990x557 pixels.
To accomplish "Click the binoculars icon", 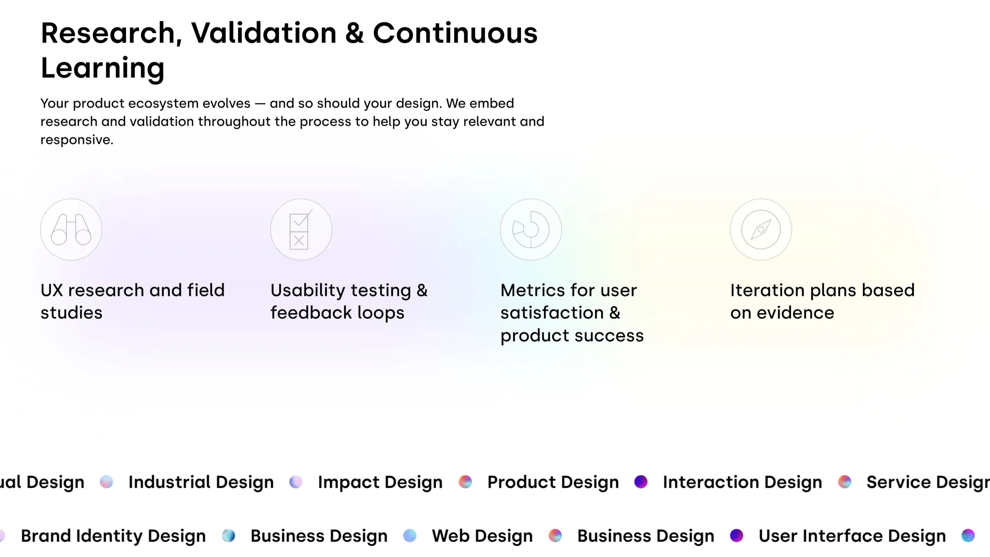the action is point(71,229).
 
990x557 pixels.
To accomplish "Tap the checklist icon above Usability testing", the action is point(301,229).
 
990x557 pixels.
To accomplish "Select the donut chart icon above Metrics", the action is point(531,229).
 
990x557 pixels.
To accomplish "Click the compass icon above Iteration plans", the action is point(761,229).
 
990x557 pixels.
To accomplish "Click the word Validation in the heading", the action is point(264,33).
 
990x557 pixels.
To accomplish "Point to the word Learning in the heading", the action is point(103,68).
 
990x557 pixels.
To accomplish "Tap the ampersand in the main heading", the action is point(355,33).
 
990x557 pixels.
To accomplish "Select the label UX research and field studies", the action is point(133,301).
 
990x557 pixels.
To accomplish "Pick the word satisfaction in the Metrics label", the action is point(552,313).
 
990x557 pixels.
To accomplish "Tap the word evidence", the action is point(795,313).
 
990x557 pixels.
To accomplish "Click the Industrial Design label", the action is point(201,482).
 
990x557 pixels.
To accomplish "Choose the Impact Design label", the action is point(380,482).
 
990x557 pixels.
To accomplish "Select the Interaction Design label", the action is point(742,482).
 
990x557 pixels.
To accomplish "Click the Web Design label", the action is point(482,536).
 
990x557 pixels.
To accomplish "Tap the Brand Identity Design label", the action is point(113,536).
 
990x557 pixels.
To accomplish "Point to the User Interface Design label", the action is point(852,536).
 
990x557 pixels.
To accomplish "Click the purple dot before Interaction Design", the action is point(641,482).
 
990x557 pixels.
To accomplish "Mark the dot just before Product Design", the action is point(465,482).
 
